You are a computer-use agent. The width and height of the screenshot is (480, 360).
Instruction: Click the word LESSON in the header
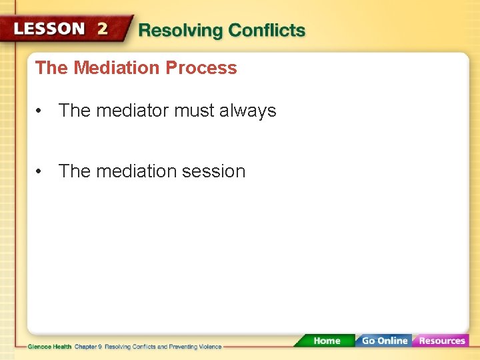tap(49, 29)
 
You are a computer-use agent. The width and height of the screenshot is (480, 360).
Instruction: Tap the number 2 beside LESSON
tap(102, 29)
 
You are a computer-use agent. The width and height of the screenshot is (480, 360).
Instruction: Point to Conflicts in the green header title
tap(267, 31)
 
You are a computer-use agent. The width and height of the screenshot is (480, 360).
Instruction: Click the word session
tap(215, 171)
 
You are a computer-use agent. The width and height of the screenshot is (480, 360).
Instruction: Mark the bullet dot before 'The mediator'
tap(41, 111)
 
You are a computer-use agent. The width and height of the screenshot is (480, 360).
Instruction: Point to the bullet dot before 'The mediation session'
tap(41, 171)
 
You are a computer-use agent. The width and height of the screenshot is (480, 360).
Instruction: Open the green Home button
tap(326, 341)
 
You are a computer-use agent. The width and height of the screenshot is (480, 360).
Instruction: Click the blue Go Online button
tap(384, 341)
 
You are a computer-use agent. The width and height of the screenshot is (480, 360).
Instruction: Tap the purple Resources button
tap(441, 341)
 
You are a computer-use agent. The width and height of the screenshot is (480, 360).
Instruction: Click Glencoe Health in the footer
tap(49, 347)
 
